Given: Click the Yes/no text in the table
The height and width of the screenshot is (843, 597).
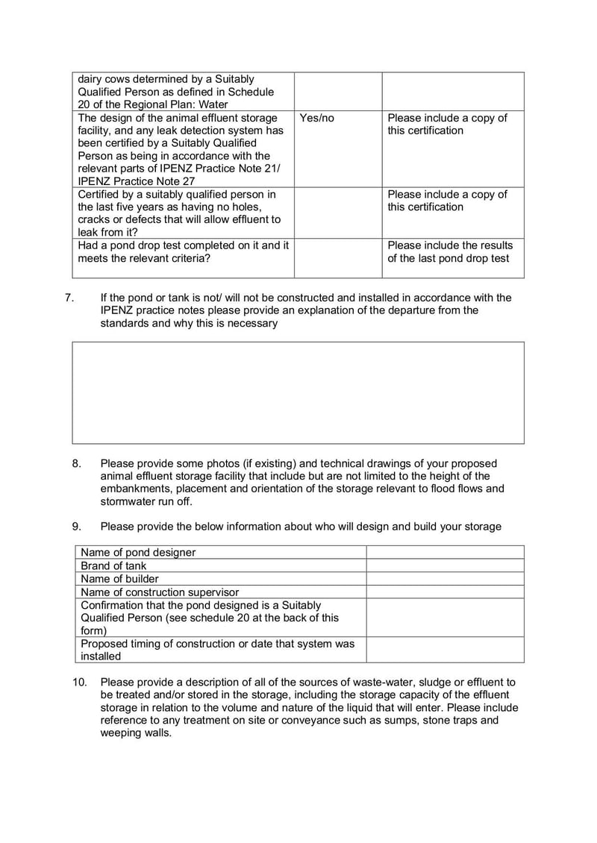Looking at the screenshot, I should (x=316, y=118).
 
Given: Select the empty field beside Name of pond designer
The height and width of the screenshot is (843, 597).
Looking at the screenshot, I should (x=445, y=552).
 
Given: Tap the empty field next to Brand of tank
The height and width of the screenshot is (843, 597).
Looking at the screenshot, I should (x=445, y=565).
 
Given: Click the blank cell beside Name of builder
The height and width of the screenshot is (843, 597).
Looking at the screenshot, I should (x=445, y=578).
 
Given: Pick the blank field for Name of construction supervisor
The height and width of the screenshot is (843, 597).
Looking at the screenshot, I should (x=445, y=592).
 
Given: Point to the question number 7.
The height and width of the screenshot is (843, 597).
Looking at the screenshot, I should (x=69, y=298).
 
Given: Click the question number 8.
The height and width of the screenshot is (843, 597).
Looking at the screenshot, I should (x=77, y=463).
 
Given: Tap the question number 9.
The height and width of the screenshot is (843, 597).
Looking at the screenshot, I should (x=77, y=527).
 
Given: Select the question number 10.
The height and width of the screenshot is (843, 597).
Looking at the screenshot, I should (x=80, y=682).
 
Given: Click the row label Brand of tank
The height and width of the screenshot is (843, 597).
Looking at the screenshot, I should (x=113, y=565).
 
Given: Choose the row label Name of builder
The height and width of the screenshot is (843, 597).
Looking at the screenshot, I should (x=119, y=578).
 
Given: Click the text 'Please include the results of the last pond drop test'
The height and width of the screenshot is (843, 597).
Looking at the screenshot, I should (x=449, y=252).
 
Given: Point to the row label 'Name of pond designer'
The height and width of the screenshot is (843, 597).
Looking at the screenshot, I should (x=138, y=552).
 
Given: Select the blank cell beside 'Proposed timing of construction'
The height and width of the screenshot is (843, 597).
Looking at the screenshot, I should (x=445, y=649).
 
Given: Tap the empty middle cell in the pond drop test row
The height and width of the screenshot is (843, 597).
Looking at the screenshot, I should (x=337, y=257).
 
